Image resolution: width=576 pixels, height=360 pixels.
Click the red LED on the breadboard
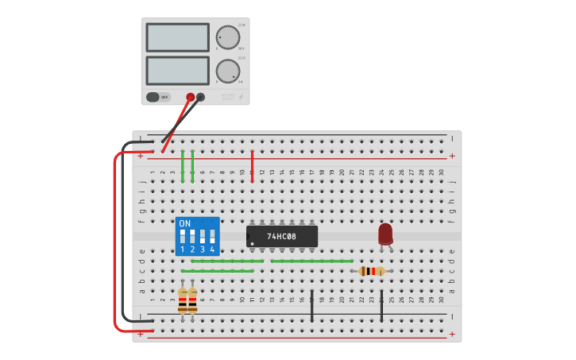click(x=385, y=234)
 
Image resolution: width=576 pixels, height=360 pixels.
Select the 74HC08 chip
click(x=282, y=236)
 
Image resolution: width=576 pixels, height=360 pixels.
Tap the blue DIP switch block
click(x=197, y=236)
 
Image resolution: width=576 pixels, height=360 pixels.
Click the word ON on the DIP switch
click(x=185, y=223)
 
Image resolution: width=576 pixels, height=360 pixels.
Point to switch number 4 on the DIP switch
click(x=212, y=238)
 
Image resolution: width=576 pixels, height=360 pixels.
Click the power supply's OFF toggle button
click(x=158, y=97)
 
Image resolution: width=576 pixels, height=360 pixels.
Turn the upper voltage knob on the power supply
click(x=227, y=37)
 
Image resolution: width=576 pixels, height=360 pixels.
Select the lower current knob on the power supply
click(x=227, y=72)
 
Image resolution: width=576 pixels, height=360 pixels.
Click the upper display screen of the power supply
click(x=177, y=37)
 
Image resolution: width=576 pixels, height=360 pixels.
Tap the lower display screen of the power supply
click(x=177, y=71)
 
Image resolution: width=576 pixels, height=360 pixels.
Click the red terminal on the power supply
click(x=190, y=98)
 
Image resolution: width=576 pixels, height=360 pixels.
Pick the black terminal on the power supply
click(x=200, y=98)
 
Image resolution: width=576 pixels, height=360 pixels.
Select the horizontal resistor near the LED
click(x=372, y=271)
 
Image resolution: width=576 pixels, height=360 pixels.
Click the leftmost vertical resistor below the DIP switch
click(x=183, y=300)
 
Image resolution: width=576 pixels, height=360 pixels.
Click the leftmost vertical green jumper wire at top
click(x=183, y=165)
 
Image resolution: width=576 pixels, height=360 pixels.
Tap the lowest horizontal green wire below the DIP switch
click(x=218, y=271)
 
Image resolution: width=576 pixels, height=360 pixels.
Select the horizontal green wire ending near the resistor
click(x=311, y=261)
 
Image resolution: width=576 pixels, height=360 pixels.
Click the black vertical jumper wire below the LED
click(x=381, y=306)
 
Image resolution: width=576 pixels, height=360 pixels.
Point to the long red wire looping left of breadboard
click(x=115, y=238)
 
